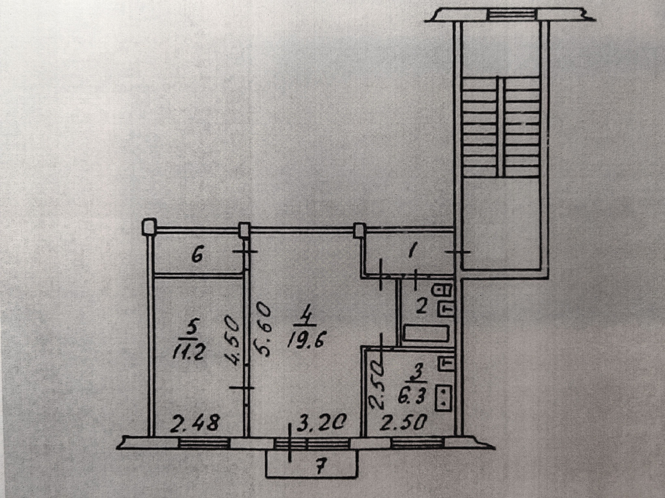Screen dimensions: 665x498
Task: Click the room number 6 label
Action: pos(196,258)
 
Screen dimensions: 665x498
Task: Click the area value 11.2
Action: pos(189,353)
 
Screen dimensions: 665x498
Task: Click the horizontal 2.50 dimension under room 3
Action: pos(404,423)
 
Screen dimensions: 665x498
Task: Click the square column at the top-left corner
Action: pos(150,227)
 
